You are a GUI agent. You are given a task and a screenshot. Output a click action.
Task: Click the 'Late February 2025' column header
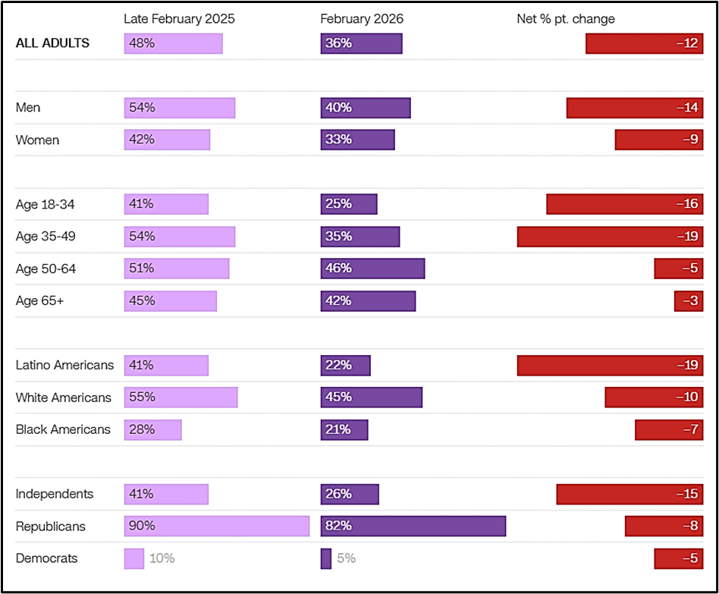click(x=179, y=19)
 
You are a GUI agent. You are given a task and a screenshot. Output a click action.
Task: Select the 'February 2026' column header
click(x=361, y=19)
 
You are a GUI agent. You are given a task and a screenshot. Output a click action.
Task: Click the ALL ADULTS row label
click(x=52, y=43)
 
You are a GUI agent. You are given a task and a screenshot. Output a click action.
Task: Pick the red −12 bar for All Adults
click(x=644, y=43)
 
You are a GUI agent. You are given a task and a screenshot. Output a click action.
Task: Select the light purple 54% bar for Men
click(x=180, y=108)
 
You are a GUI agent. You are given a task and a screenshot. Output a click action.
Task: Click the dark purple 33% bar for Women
click(x=357, y=140)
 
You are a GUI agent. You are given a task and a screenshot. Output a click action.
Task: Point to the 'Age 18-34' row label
click(x=46, y=204)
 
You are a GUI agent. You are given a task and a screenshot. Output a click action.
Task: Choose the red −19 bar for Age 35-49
click(x=610, y=236)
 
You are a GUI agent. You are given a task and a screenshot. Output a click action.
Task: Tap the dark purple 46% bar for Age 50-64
click(x=372, y=269)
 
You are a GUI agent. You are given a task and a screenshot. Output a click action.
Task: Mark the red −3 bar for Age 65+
click(x=689, y=300)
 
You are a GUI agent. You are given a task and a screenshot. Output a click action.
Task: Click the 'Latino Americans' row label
click(x=64, y=365)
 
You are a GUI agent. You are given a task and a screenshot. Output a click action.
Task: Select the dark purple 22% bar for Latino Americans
click(x=345, y=365)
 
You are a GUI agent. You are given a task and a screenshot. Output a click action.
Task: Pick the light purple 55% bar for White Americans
click(x=181, y=398)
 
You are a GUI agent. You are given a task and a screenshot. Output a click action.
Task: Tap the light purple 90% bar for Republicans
click(x=217, y=526)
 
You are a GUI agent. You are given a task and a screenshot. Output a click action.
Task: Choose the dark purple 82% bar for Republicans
click(x=413, y=526)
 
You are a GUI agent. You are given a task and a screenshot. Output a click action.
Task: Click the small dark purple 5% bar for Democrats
click(x=326, y=558)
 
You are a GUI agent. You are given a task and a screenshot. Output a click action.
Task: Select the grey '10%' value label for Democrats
click(x=162, y=558)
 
